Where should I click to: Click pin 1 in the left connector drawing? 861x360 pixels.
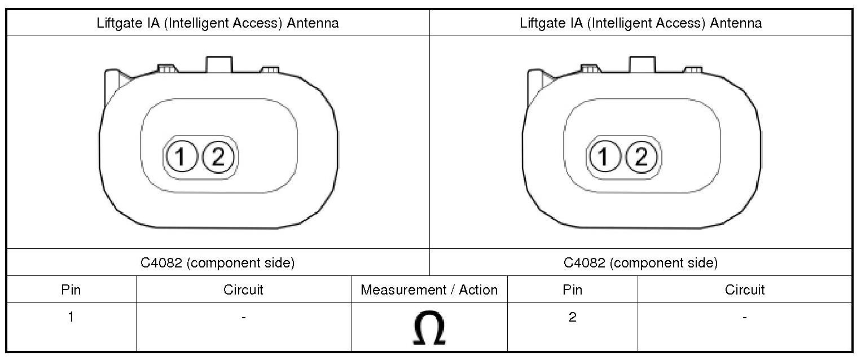181,157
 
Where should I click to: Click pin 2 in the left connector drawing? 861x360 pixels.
218,157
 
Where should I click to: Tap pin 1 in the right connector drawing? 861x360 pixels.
604,157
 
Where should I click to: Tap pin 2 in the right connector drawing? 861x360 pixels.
641,157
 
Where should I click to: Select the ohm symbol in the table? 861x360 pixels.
429,327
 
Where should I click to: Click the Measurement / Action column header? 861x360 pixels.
429,289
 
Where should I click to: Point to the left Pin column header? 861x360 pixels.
71,289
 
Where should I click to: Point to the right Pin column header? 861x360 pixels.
572,289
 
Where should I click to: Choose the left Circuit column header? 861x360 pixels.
243,289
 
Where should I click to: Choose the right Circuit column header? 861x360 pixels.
745,289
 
